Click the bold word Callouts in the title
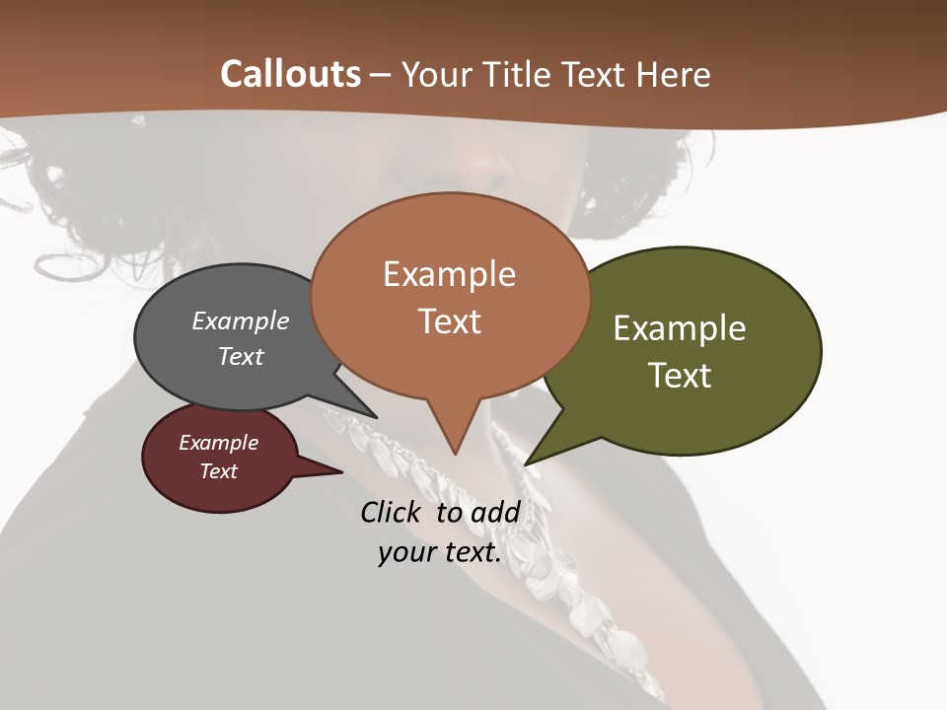click(291, 74)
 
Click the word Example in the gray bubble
click(241, 320)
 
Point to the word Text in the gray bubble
click(241, 356)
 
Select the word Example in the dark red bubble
click(219, 443)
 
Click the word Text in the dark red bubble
click(219, 471)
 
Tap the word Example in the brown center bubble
click(450, 274)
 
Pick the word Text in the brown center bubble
click(450, 320)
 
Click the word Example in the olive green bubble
click(680, 328)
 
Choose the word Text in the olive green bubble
click(680, 375)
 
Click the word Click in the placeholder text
click(393, 512)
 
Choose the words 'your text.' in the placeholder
click(440, 552)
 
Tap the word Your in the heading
click(435, 74)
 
